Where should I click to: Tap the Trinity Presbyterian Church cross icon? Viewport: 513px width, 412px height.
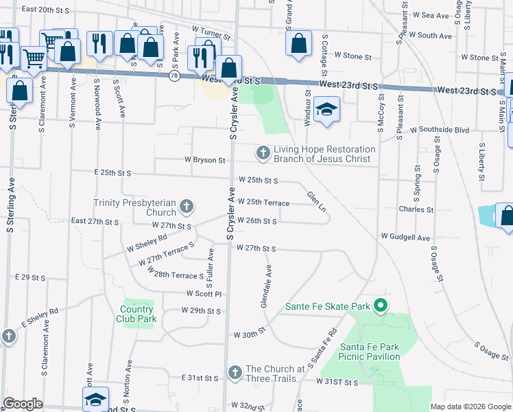click(186, 207)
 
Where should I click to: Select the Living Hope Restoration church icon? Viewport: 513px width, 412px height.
click(263, 154)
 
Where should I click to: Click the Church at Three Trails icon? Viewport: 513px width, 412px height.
click(235, 373)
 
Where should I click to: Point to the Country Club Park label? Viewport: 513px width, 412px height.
click(139, 314)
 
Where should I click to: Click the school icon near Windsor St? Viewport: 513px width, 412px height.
click(326, 109)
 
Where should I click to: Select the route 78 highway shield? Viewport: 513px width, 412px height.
click(175, 76)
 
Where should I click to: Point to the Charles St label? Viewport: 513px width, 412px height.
click(416, 209)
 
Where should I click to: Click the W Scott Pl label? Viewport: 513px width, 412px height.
click(204, 293)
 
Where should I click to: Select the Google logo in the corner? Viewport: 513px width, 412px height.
click(23, 404)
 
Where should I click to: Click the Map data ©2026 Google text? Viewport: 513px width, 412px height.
click(470, 407)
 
